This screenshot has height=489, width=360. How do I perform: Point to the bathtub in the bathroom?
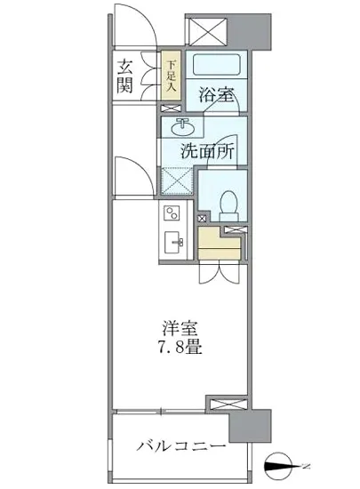[215, 66]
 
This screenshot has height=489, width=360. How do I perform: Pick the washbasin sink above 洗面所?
[184, 125]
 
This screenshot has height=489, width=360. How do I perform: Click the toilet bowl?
[225, 202]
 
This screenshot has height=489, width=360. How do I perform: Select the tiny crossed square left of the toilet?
[201, 216]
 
